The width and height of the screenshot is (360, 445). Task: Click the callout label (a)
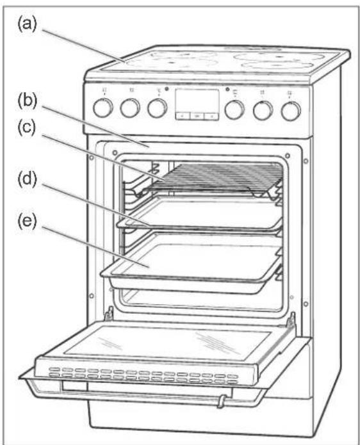coord(28,24)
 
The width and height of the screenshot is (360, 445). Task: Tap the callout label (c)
coord(27,127)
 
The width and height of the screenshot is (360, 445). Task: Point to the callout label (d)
coord(28,180)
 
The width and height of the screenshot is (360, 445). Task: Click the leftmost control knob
coord(103,108)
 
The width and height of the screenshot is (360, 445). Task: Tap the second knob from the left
coord(130,108)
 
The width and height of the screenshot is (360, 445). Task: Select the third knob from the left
coord(157,108)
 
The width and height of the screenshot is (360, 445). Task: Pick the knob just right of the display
coord(234,109)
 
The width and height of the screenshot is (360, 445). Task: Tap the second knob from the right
coord(263,109)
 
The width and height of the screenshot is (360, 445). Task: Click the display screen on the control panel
coord(197,101)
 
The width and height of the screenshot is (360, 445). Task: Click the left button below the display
coord(183,116)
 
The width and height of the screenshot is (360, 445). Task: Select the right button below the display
coord(211,116)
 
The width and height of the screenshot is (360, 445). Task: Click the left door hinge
coord(109,315)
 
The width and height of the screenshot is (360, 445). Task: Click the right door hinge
coord(291,320)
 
